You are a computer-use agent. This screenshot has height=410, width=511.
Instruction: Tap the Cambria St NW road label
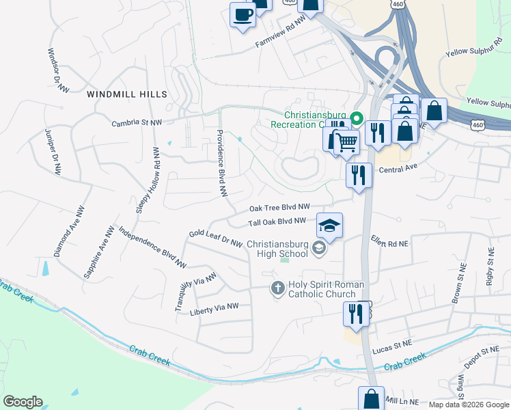(137, 122)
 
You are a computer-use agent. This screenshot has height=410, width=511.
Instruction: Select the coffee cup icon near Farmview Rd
(243, 15)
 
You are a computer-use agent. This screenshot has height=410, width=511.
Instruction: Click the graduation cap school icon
(329, 226)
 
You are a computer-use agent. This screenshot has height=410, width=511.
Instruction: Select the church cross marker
(277, 288)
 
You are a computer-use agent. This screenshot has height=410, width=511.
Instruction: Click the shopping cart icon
(347, 143)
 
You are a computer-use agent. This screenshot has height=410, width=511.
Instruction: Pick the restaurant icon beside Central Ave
(359, 176)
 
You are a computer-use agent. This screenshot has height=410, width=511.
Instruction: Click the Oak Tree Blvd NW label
(279, 207)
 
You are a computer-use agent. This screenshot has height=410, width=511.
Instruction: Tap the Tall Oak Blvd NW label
(277, 221)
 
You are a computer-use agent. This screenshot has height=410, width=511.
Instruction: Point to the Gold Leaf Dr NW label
(215, 238)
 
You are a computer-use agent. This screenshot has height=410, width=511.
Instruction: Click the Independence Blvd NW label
(152, 247)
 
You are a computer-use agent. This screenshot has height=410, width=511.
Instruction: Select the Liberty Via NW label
(215, 309)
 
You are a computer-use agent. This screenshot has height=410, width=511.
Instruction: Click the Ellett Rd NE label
(389, 243)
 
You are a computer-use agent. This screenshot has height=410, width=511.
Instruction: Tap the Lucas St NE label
(392, 349)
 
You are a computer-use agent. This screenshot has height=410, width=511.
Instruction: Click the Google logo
(23, 402)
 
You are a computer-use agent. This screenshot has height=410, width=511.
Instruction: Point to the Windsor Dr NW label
(58, 70)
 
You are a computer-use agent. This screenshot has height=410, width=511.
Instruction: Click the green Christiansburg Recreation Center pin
(355, 119)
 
